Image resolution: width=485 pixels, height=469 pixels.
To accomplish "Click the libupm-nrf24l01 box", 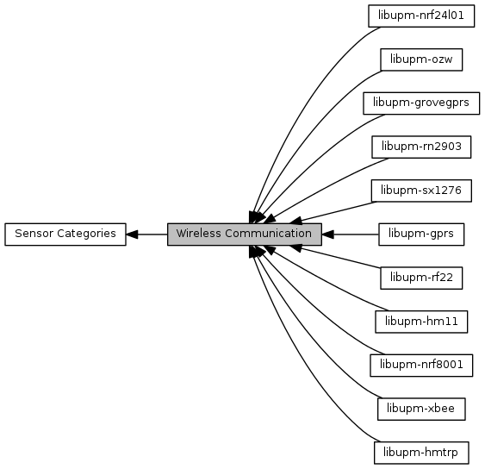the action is pyautogui.click(x=421, y=16).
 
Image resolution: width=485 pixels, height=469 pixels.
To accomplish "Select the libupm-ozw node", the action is pyautogui.click(x=421, y=59).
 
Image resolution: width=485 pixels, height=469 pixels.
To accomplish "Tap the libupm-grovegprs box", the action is pyautogui.click(x=421, y=103).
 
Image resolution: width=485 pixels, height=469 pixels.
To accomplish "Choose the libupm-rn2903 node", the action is pyautogui.click(x=421, y=147).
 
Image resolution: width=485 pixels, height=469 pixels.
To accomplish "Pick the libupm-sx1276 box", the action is pyautogui.click(x=421, y=191).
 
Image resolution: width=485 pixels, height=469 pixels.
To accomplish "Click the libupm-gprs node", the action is pyautogui.click(x=421, y=234).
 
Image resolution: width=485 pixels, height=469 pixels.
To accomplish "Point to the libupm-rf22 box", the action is pyautogui.click(x=421, y=278).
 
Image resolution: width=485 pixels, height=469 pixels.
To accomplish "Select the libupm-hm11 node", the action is pyautogui.click(x=421, y=322).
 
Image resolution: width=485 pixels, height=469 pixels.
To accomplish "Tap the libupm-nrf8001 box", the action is pyautogui.click(x=421, y=366).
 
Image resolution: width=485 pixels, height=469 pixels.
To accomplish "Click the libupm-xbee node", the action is pyautogui.click(x=421, y=409).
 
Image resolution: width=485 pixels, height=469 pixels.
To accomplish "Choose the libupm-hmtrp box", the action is pyautogui.click(x=421, y=453).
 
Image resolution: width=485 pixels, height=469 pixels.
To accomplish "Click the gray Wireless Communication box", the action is pyautogui.click(x=245, y=234).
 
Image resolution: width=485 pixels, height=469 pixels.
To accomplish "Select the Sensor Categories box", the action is pyautogui.click(x=65, y=234).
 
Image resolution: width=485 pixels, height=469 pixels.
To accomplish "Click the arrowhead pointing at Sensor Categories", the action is pyautogui.click(x=132, y=234).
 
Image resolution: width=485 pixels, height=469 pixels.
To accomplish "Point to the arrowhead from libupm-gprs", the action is pyautogui.click(x=328, y=234).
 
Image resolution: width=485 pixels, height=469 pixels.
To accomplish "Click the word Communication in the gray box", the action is pyautogui.click(x=268, y=234).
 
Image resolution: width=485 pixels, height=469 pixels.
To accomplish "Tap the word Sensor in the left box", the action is pyautogui.click(x=34, y=234).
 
